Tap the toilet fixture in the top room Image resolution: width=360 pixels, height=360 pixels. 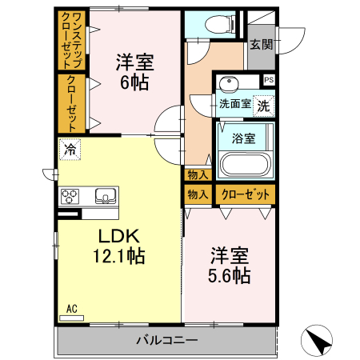point(206,25)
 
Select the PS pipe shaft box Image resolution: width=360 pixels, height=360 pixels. point(268,80)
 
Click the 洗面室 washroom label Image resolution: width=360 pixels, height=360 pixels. point(235,103)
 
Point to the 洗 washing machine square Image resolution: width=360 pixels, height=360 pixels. point(264,102)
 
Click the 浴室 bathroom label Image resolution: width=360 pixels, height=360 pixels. point(243,138)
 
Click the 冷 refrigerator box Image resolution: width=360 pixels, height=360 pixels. point(70,149)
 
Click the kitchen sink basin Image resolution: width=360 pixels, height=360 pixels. point(105,196)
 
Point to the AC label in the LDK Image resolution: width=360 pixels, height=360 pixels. point(71,308)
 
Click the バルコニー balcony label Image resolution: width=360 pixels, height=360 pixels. point(166,340)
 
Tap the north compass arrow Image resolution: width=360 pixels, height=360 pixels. point(318,341)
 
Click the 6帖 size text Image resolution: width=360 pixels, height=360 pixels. point(134,80)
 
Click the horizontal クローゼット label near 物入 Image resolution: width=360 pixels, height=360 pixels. point(243,194)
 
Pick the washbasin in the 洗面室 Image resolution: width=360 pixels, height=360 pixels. point(230,83)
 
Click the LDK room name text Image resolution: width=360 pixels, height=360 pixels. point(119,236)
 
